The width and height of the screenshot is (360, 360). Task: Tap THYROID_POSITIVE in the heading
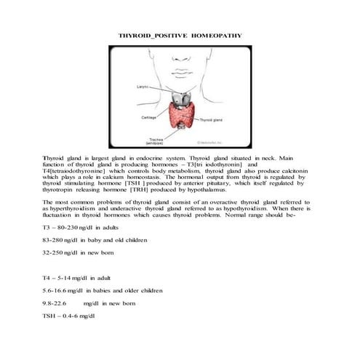[151, 35]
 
